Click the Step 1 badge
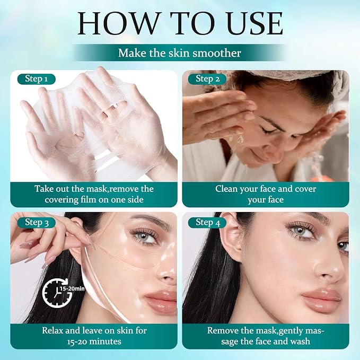point(37,79)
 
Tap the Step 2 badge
point(207,79)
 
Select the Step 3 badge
point(37,223)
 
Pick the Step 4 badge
point(207,223)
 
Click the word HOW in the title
point(118,24)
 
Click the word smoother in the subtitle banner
point(217,53)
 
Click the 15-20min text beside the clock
point(72,288)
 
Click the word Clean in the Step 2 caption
point(226,189)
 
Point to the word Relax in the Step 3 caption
point(52,331)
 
